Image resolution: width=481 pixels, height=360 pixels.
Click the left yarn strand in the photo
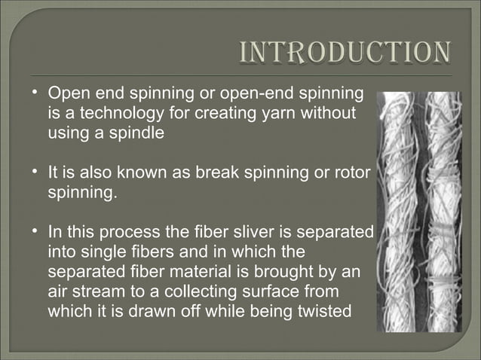tap(396, 211)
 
